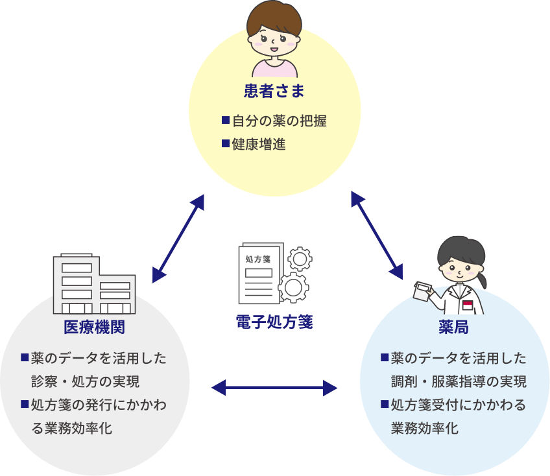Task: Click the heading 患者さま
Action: coord(274,91)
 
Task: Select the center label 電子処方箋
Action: coord(274,322)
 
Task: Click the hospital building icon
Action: coord(94,284)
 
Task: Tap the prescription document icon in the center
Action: coord(260,273)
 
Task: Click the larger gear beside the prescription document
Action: coord(294,286)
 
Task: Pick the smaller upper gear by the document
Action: coord(299,259)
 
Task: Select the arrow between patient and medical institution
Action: coord(179,238)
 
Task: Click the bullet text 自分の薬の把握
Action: coord(279,121)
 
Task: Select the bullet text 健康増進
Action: coord(259,144)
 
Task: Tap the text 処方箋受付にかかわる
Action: coord(458,405)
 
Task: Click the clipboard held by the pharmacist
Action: coord(425,291)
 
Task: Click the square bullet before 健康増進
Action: coord(226,143)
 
